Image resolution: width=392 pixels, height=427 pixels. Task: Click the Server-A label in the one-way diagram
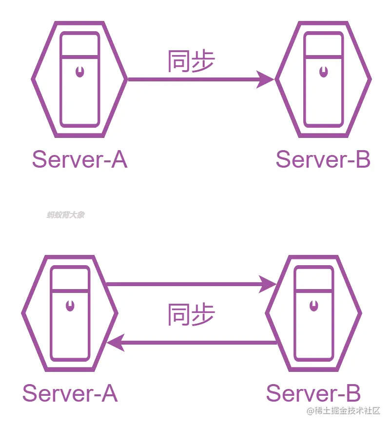pos(79,159)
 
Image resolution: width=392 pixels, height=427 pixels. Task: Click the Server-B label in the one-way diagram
pos(323,159)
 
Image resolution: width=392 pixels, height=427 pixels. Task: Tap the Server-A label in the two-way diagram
pos(70,393)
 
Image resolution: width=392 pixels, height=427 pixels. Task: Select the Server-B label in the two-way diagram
pos(313,393)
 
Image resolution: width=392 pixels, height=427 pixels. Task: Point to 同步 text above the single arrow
pos(191,62)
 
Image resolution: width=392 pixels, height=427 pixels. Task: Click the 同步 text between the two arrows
pos(191,314)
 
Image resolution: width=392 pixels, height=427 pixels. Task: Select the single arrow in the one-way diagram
pos(195,78)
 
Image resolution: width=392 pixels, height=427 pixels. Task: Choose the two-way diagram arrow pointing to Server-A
pos(195,343)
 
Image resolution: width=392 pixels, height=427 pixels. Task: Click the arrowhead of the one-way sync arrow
pos(266,78)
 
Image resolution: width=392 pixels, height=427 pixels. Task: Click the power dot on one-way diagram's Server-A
pos(79,73)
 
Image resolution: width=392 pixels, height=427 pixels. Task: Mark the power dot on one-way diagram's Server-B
pos(323,73)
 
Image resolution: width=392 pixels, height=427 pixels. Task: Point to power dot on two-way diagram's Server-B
pos(314,306)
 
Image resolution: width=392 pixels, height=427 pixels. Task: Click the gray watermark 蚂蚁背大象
pos(65,214)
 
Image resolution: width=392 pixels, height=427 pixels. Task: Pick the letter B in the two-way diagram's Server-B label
pos(353,393)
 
